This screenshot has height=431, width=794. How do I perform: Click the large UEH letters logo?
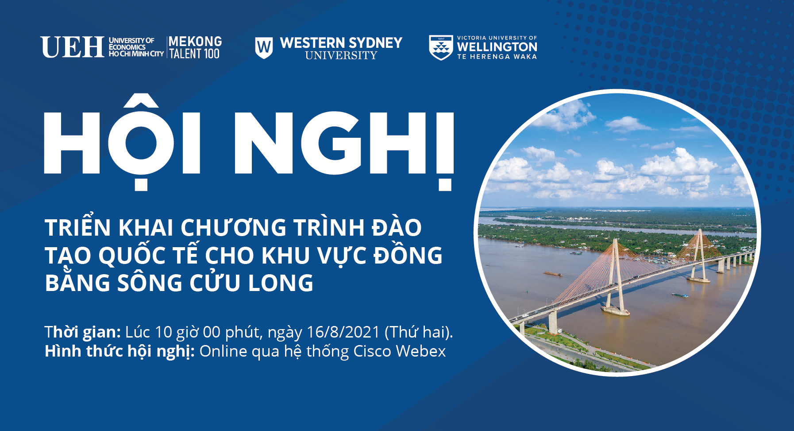(x=73, y=47)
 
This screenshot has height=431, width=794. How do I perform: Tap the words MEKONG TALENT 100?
(x=195, y=47)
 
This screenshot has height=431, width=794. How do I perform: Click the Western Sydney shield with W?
(x=264, y=47)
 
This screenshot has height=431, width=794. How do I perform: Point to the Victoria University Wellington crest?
(x=441, y=47)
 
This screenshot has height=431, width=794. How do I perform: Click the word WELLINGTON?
(x=497, y=47)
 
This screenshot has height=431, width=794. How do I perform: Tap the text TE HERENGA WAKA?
(x=497, y=57)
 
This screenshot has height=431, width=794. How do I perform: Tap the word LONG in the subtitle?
(x=281, y=283)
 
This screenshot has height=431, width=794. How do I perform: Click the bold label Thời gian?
(x=83, y=332)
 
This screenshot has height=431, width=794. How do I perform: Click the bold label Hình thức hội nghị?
(x=120, y=351)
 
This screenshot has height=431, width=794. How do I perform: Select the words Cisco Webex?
(x=400, y=351)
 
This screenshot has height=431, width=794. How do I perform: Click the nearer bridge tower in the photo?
(x=616, y=276)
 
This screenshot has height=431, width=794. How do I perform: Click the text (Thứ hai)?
(x=419, y=332)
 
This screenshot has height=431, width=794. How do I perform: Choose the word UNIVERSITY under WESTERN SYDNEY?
(x=341, y=55)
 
